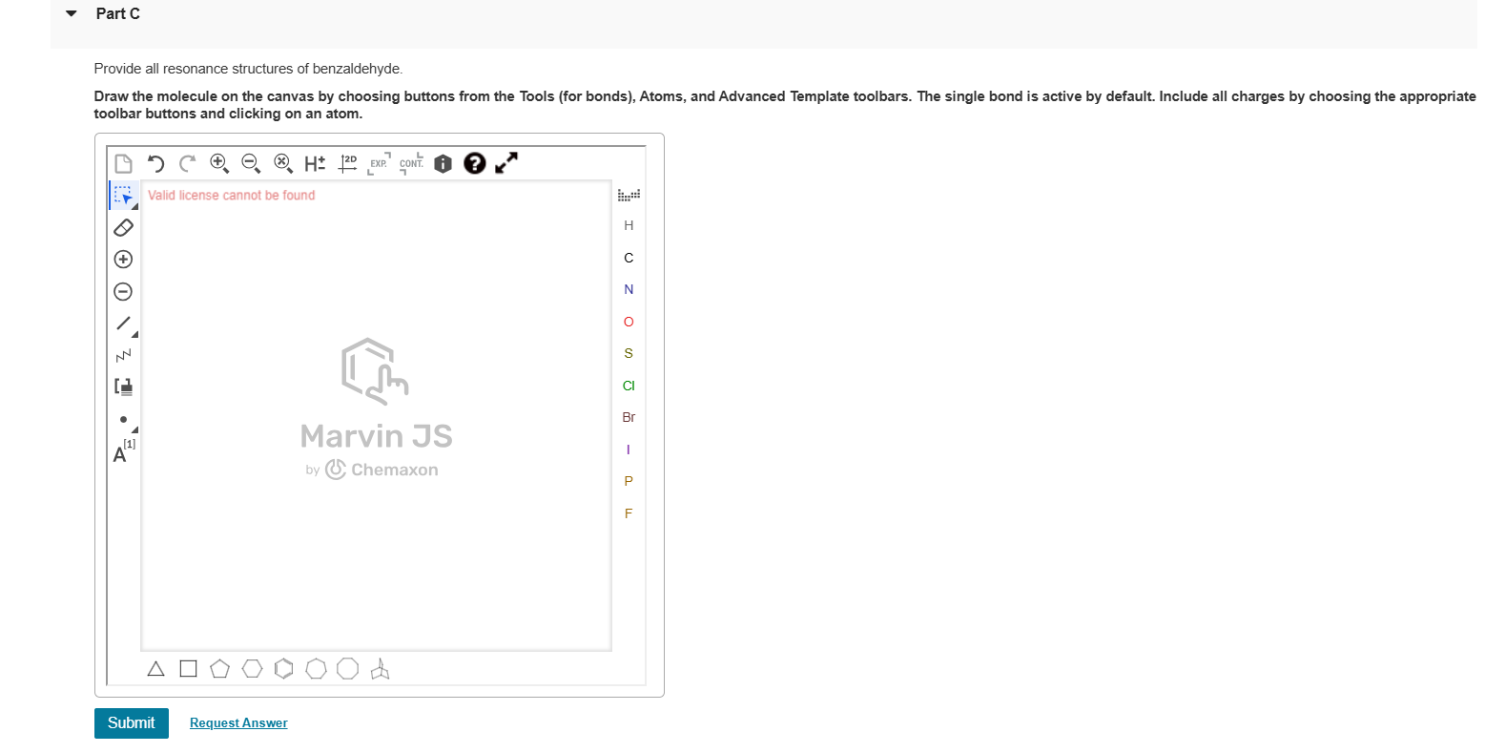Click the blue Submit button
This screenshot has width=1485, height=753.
point(131,722)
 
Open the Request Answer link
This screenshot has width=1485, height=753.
point(238,723)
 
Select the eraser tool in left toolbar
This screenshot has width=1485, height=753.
point(123,227)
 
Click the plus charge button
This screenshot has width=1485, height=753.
point(123,259)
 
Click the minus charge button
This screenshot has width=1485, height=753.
point(123,291)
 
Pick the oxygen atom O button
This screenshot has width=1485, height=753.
point(628,322)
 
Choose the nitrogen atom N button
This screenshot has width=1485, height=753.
point(628,289)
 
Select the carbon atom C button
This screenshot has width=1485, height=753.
point(628,258)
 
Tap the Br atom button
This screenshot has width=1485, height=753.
point(628,417)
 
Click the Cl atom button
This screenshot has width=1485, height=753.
point(628,386)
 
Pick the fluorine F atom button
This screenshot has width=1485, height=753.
point(628,513)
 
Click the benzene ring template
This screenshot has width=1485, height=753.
point(283,669)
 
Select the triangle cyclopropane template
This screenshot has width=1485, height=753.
point(155,669)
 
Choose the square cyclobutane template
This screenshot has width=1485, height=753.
point(188,669)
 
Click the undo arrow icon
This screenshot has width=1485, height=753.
point(155,163)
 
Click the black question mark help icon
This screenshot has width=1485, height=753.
point(474,163)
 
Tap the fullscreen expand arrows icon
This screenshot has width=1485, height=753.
point(506,163)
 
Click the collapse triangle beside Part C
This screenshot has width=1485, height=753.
point(71,13)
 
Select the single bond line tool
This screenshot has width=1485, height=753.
point(124,324)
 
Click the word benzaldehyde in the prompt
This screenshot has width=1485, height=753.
point(357,69)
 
